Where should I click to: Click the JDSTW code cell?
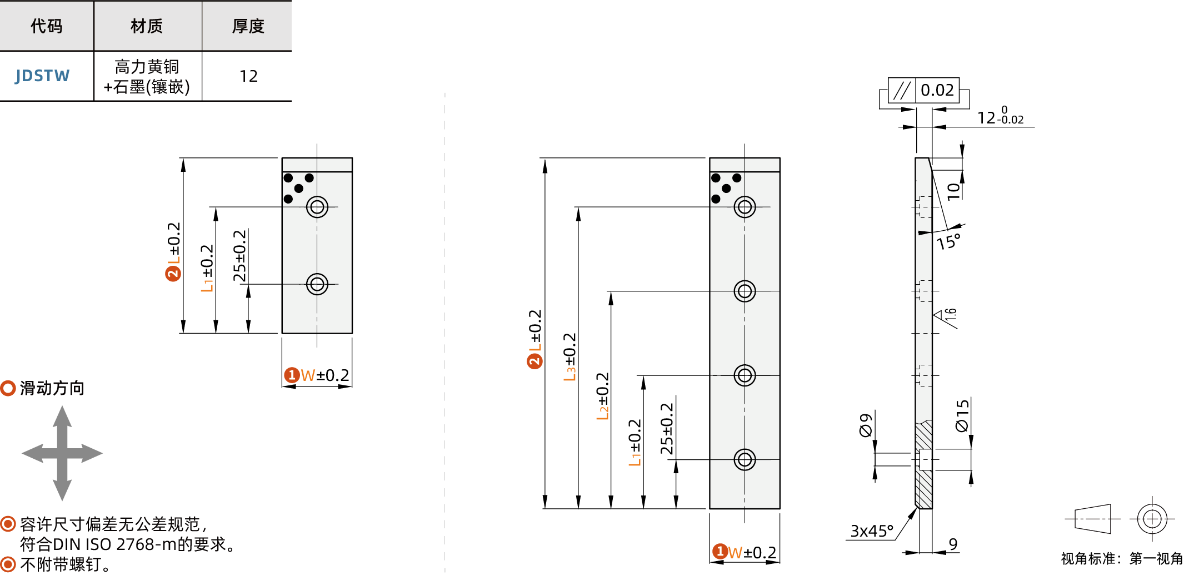tap(43, 76)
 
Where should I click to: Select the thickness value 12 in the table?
tap(248, 76)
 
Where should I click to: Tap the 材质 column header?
tap(147, 26)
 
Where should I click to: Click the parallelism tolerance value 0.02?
tap(937, 90)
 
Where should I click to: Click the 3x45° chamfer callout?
tap(871, 531)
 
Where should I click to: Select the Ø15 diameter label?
tap(962, 415)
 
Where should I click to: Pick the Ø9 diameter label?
tap(866, 425)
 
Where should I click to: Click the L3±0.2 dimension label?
tap(570, 356)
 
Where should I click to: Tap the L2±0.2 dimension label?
tap(603, 396)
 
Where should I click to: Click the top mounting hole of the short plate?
tap(317, 207)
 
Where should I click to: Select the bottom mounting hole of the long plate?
tap(745, 460)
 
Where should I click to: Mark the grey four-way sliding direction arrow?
tap(62, 453)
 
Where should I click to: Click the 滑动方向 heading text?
tap(52, 388)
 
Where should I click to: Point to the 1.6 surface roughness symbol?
tap(947, 316)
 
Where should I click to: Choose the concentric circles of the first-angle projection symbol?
tap(1152, 519)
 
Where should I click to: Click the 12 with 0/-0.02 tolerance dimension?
tap(1000, 117)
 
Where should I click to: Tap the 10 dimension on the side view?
tap(953, 191)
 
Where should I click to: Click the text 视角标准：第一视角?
tap(1122, 558)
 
